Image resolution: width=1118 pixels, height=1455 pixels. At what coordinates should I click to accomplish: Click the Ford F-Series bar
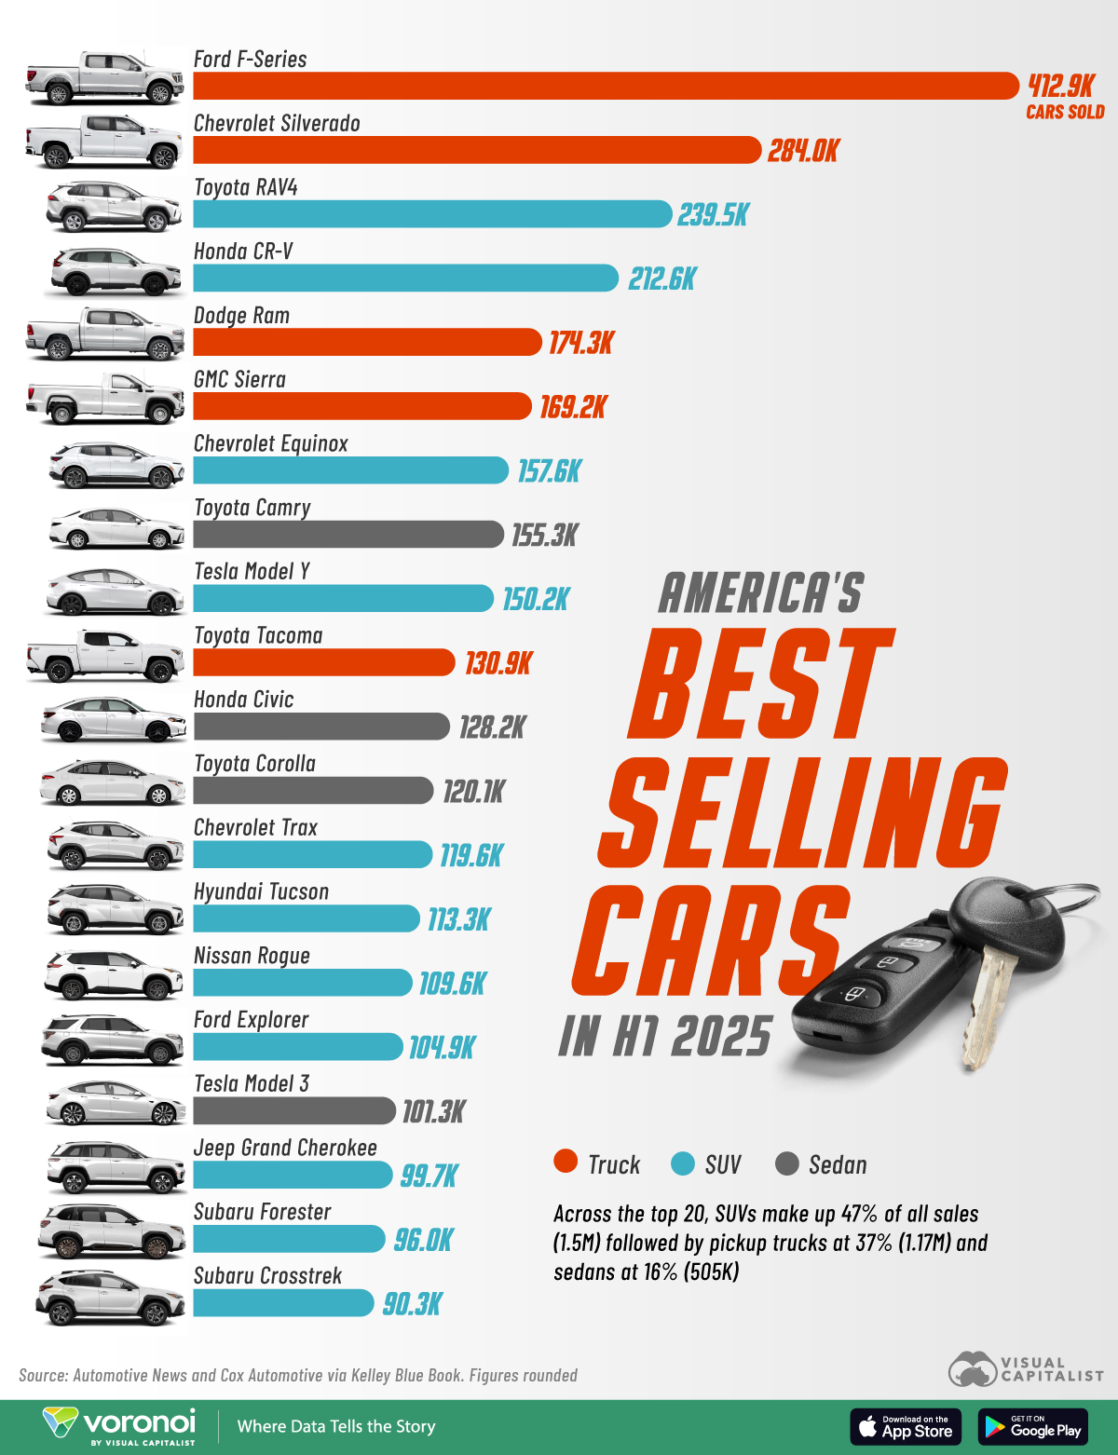coord(606,86)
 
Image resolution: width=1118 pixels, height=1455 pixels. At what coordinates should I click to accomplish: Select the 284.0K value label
coord(803,151)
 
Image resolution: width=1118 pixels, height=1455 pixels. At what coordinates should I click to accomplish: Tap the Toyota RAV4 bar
coord(432,214)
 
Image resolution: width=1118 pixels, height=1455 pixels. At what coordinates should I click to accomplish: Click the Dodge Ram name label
coord(241,316)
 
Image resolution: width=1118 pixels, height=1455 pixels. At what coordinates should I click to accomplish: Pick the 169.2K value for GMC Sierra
coord(573,407)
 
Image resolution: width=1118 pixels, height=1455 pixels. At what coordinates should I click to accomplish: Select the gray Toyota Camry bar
coord(348,535)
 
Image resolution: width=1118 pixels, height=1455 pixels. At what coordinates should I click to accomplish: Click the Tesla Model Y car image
coord(115,592)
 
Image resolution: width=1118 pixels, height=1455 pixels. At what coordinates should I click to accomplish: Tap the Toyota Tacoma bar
coord(324,662)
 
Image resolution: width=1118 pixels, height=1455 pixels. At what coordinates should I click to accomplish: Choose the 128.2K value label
coord(492,727)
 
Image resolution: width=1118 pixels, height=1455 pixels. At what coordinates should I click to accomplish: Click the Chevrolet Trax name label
coord(255,828)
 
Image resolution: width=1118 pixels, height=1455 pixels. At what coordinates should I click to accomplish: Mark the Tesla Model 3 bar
coord(294,1110)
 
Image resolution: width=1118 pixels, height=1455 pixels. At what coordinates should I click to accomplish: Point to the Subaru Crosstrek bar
coord(283,1303)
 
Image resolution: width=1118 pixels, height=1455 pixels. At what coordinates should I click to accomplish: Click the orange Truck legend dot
coord(566,1162)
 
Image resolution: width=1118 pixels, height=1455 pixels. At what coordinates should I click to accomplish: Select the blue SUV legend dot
coord(683,1163)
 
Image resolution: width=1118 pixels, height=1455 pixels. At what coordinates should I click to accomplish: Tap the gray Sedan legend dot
coord(787,1163)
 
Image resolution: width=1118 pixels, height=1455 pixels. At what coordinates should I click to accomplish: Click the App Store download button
coord(905,1427)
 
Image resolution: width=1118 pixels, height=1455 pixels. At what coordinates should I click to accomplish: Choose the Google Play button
coord(1033,1427)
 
